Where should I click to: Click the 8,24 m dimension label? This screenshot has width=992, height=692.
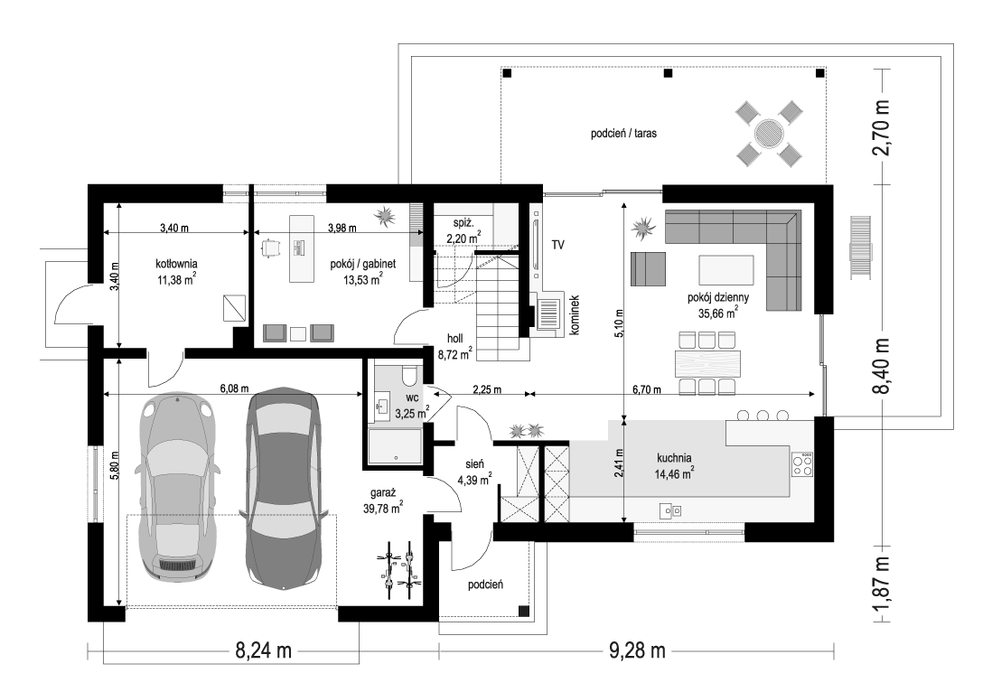[x=263, y=650]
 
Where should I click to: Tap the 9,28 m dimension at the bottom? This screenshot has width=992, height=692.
[x=637, y=650]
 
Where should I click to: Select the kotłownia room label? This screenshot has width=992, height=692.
[x=176, y=264]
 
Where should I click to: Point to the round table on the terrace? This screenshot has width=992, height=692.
[x=769, y=134]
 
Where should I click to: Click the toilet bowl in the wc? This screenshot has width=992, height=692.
[x=408, y=375]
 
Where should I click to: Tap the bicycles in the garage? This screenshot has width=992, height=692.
[x=398, y=569]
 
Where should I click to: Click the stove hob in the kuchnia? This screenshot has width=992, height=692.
[x=802, y=464]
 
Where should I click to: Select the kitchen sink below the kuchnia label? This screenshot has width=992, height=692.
[x=670, y=510]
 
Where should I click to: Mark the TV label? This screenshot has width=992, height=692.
[x=557, y=245]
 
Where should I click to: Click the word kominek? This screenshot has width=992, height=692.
[x=575, y=315]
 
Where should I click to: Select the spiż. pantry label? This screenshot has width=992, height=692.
[x=463, y=222]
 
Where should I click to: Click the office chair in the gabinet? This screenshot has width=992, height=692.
[x=270, y=248]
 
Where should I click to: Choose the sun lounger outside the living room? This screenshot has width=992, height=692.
[x=860, y=247]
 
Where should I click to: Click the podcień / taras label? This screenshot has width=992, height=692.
[x=623, y=134]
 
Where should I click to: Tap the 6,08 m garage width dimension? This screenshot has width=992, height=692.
[x=234, y=389]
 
